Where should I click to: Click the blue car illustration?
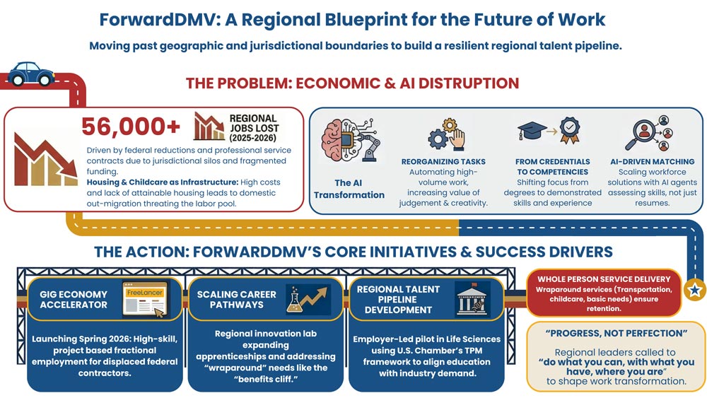pyautogui.click(x=30, y=74)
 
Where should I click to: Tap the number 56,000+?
pyautogui.click(x=131, y=127)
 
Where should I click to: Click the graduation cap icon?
pyautogui.click(x=532, y=131)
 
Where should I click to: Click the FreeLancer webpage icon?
pyautogui.click(x=145, y=300)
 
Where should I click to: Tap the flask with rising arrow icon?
pyautogui.click(x=307, y=300)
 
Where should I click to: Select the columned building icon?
pyautogui.click(x=472, y=299)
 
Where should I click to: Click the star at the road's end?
pyautogui.click(x=694, y=290)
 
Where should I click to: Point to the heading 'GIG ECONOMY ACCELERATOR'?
pyautogui.click(x=74, y=300)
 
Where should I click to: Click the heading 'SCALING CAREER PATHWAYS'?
pyautogui.click(x=236, y=300)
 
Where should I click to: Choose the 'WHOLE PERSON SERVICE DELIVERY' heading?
pyautogui.click(x=604, y=279)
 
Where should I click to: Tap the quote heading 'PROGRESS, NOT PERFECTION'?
pyautogui.click(x=617, y=334)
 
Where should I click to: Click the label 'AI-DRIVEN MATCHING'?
pyautogui.click(x=652, y=161)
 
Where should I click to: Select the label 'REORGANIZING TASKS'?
pyautogui.click(x=443, y=161)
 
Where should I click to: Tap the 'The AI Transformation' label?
pyautogui.click(x=349, y=189)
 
